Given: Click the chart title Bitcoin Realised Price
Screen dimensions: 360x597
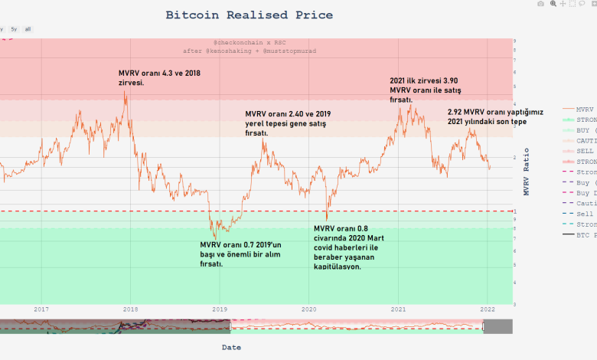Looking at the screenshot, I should click(250, 15).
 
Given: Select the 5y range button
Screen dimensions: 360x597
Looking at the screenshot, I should click(13, 29).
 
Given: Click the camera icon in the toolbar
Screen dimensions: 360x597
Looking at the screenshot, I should click(541, 4).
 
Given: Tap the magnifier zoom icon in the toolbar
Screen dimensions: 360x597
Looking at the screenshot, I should click(553, 4).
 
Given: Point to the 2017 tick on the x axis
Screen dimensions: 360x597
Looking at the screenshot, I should click(41, 309).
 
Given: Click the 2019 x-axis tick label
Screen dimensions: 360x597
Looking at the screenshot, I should click(220, 309).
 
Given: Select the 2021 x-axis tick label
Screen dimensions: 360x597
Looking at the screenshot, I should click(398, 309).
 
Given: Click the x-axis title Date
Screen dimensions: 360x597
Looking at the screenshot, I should click(231, 347).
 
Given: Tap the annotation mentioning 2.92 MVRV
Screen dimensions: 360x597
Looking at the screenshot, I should click(495, 116).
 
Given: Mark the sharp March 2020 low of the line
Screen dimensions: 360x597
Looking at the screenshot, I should click(327, 220).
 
